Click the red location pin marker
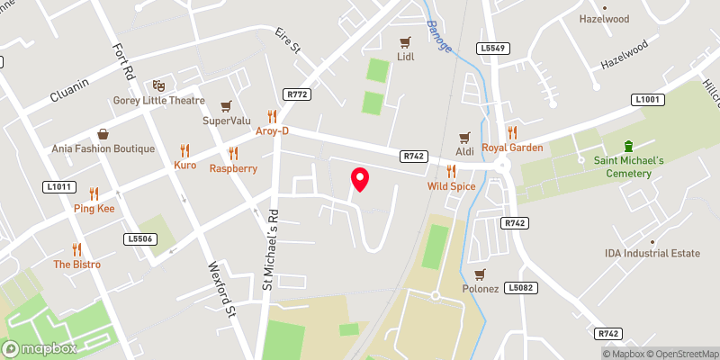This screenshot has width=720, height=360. coord(360,179)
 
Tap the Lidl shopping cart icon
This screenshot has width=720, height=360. coord(405,41)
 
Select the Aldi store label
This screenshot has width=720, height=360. coord(465,152)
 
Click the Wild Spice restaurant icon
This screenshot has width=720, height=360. coord(450,171)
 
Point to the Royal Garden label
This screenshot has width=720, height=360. coord(512,148)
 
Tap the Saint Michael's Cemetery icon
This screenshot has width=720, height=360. coord(629,146)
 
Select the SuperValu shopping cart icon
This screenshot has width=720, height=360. coord(225,105)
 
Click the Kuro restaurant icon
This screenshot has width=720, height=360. coord(184,150)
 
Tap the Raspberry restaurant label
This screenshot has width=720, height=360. coord(233,168)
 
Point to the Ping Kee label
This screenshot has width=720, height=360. coord(94,209)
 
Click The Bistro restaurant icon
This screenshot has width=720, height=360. coord(76,249)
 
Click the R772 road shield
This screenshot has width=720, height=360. coord(296,94)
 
